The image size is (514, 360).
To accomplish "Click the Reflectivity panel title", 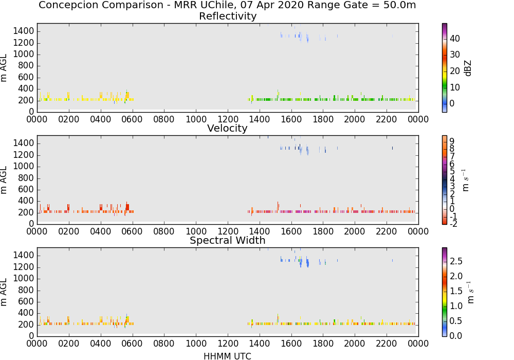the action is (228, 16).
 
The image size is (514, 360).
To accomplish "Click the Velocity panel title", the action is (227, 128).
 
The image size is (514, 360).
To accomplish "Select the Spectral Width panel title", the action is (228, 240).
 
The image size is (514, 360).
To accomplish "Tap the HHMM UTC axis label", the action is (227, 356).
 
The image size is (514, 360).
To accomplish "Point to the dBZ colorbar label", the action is (468, 68).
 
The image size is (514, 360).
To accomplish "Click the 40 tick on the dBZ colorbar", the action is (455, 39).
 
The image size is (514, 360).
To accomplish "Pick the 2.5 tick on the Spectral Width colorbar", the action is (456, 261).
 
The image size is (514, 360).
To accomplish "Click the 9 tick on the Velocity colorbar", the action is (452, 141).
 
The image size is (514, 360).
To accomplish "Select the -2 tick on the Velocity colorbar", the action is (453, 224).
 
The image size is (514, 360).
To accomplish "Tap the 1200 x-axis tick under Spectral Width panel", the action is (228, 343).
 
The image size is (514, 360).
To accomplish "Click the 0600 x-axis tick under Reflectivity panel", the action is (132, 119).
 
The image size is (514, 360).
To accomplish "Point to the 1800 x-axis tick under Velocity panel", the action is (323, 231).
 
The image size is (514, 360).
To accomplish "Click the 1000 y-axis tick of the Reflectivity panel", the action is (24, 54).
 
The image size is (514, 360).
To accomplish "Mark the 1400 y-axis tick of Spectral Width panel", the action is (24, 255).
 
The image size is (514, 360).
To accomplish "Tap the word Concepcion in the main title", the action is (64, 6).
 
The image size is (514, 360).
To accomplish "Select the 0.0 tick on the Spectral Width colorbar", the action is (456, 335).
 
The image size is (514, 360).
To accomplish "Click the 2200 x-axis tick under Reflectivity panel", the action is (387, 119).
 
